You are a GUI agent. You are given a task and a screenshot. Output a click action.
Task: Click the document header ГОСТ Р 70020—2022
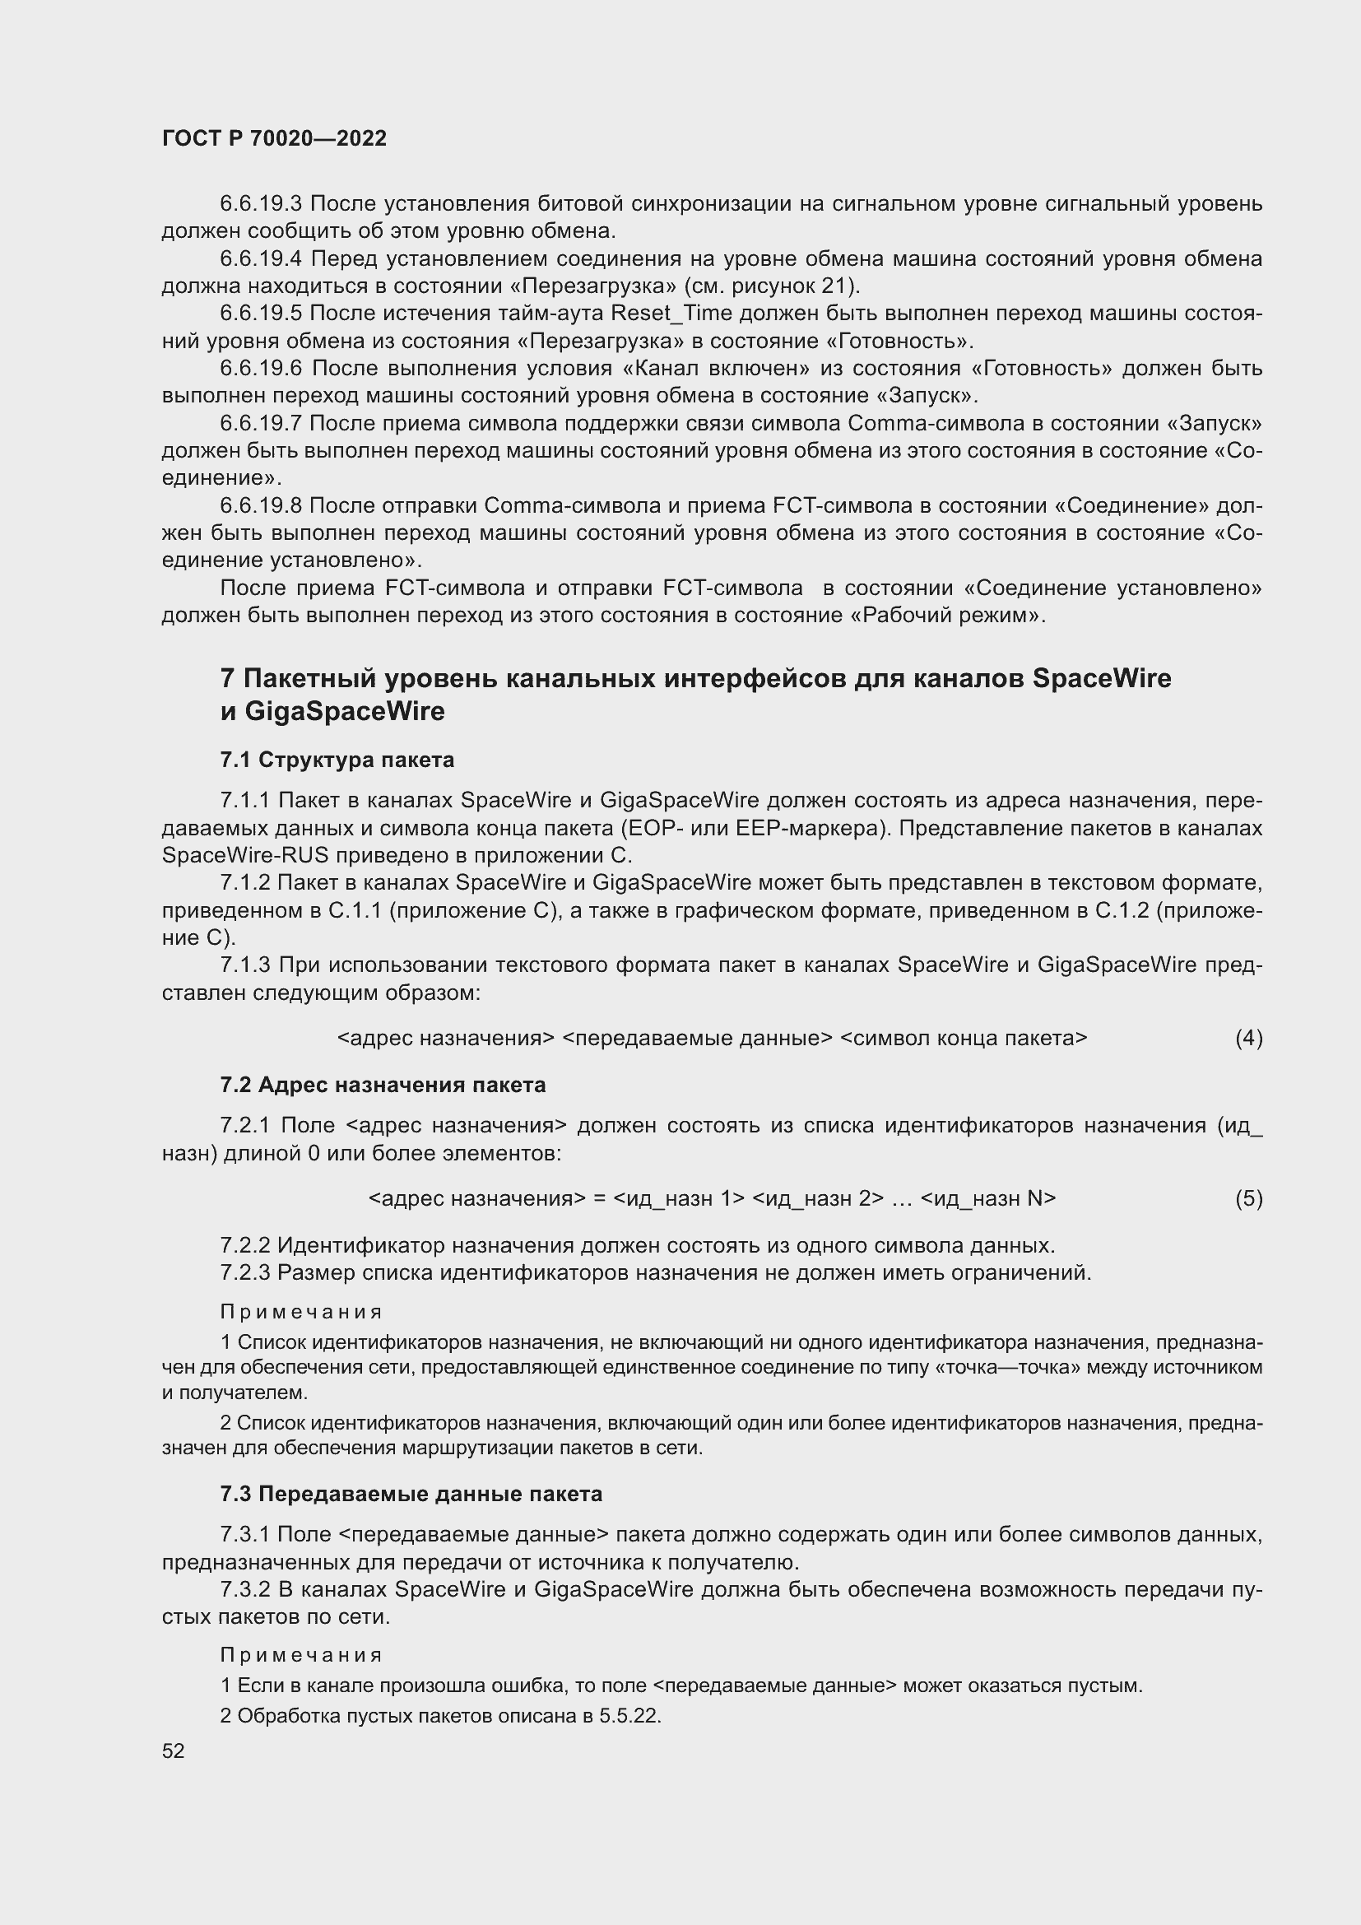point(274,138)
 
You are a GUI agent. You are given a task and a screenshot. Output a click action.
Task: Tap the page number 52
point(174,1751)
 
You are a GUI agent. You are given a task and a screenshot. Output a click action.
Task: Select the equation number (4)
point(1248,1038)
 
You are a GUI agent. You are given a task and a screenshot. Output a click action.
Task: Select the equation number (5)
point(1248,1198)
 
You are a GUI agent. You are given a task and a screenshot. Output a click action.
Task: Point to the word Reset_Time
point(671,314)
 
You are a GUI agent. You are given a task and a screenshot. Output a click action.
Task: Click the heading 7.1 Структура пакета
point(337,760)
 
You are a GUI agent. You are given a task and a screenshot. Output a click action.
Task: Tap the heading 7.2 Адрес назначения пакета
point(382,1085)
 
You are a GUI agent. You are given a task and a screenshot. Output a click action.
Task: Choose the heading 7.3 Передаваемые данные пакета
point(411,1494)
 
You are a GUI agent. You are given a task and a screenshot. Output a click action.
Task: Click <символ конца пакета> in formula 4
point(963,1038)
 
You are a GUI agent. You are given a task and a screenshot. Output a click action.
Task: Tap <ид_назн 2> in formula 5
point(818,1198)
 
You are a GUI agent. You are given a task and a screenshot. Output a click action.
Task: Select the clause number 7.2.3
point(244,1272)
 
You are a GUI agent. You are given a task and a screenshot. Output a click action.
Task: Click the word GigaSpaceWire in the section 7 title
point(345,711)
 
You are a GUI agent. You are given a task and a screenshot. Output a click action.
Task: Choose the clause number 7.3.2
point(244,1590)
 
